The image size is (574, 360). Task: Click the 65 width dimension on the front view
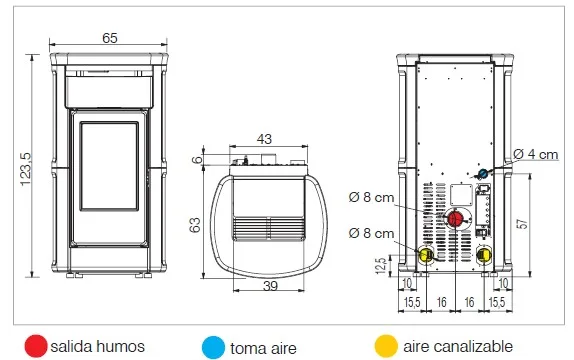pos(110,38)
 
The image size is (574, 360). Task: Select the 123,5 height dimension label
pos(26,169)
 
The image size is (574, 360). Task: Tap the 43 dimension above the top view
pos(264,139)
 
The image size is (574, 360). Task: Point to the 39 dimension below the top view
pos(270,286)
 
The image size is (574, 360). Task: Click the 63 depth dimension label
pos(195,225)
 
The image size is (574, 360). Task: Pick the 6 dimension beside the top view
pos(197,160)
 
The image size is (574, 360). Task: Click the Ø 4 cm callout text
pos(536,154)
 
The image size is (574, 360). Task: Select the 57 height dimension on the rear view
pos(522,224)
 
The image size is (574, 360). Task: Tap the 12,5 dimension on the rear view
pos(381,266)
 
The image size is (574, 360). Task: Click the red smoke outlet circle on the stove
pos(456,219)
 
